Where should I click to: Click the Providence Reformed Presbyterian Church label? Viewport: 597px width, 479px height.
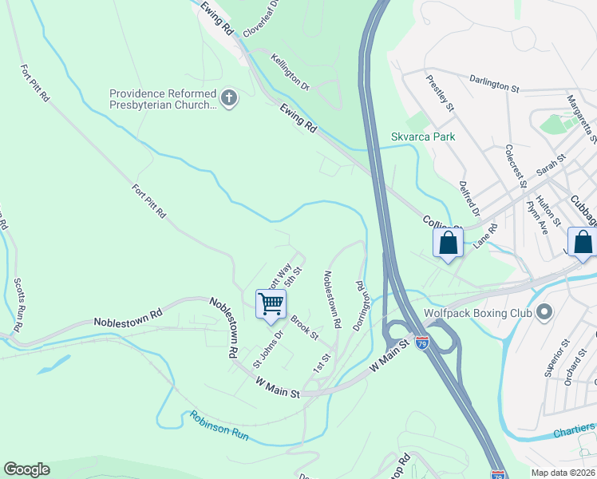(163, 99)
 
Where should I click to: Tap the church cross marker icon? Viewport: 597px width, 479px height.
(229, 99)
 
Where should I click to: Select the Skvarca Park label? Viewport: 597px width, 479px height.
(423, 137)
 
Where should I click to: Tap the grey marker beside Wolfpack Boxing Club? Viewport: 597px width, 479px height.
(545, 311)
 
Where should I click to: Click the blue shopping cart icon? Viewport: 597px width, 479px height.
(271, 304)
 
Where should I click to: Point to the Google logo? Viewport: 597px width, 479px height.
(26, 469)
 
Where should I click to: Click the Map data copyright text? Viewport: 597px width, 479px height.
(563, 473)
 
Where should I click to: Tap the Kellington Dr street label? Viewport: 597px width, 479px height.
(290, 69)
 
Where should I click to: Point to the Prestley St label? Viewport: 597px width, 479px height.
(441, 93)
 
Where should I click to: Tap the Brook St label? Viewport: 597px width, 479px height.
(304, 325)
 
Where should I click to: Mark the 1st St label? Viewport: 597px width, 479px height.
(321, 362)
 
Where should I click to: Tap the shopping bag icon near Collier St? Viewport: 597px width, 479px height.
(448, 243)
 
